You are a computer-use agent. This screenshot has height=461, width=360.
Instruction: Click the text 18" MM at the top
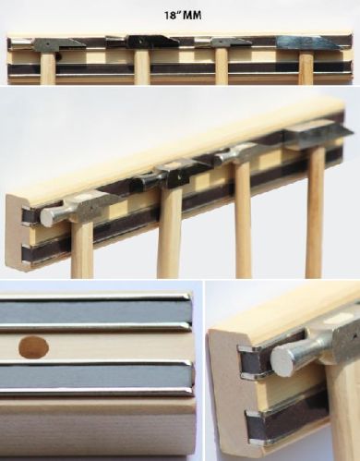[x=183, y=16]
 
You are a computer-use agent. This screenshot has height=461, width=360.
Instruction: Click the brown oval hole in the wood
[x=34, y=347]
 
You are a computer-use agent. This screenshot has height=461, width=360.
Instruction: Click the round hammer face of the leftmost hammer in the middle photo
[x=48, y=216]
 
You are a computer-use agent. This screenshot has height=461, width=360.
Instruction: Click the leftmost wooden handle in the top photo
[x=48, y=67]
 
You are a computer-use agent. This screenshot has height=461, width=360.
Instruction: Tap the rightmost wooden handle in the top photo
[x=306, y=67]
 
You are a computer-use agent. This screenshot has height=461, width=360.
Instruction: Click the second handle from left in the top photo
[x=142, y=67]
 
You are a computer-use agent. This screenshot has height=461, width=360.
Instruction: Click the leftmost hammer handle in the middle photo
[x=82, y=249]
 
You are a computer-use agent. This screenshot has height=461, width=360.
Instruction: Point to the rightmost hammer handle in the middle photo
[x=314, y=212]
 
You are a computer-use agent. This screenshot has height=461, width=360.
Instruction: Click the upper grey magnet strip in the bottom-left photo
[x=94, y=312]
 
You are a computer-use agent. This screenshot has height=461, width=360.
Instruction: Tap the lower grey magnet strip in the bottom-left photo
[x=96, y=377]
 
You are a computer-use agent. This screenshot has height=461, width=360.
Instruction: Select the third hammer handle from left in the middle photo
[x=243, y=219]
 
